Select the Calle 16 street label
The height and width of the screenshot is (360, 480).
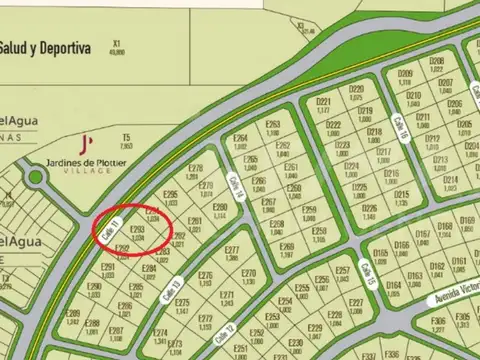pyautogui.click(x=402, y=128)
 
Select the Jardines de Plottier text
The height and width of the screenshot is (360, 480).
pyautogui.click(x=87, y=163)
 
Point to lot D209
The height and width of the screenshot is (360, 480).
pyautogui.click(x=405, y=76)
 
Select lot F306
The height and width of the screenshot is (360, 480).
pyautogui.click(x=437, y=323)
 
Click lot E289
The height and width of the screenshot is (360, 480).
pyautogui.click(x=72, y=316)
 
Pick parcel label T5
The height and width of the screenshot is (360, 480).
pyautogui.click(x=126, y=136)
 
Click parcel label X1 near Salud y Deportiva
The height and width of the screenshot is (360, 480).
pyautogui.click(x=117, y=45)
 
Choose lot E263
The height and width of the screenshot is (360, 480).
pyautogui.click(x=272, y=127)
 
